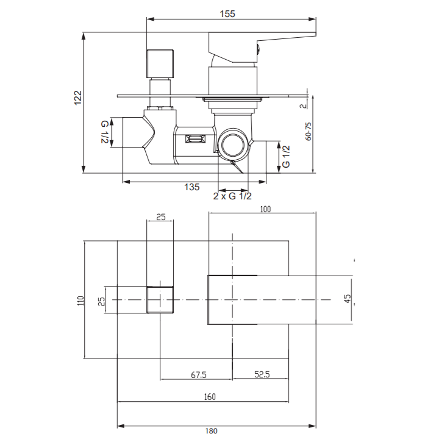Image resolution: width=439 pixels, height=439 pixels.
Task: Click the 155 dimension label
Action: click(227, 13)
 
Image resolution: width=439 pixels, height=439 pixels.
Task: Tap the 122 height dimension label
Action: click(77, 98)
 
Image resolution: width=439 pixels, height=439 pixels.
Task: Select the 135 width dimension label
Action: click(192, 187)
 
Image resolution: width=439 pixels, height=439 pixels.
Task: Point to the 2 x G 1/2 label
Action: click(232, 196)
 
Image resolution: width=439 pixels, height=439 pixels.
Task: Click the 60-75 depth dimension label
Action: click(308, 131)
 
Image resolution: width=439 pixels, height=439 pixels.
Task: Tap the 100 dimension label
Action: click(265, 209)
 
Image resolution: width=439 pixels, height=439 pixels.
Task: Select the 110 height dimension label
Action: click(80, 301)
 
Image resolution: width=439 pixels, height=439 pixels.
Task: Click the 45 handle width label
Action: click(347, 298)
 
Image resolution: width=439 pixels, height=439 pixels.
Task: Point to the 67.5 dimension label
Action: click(199, 374)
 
